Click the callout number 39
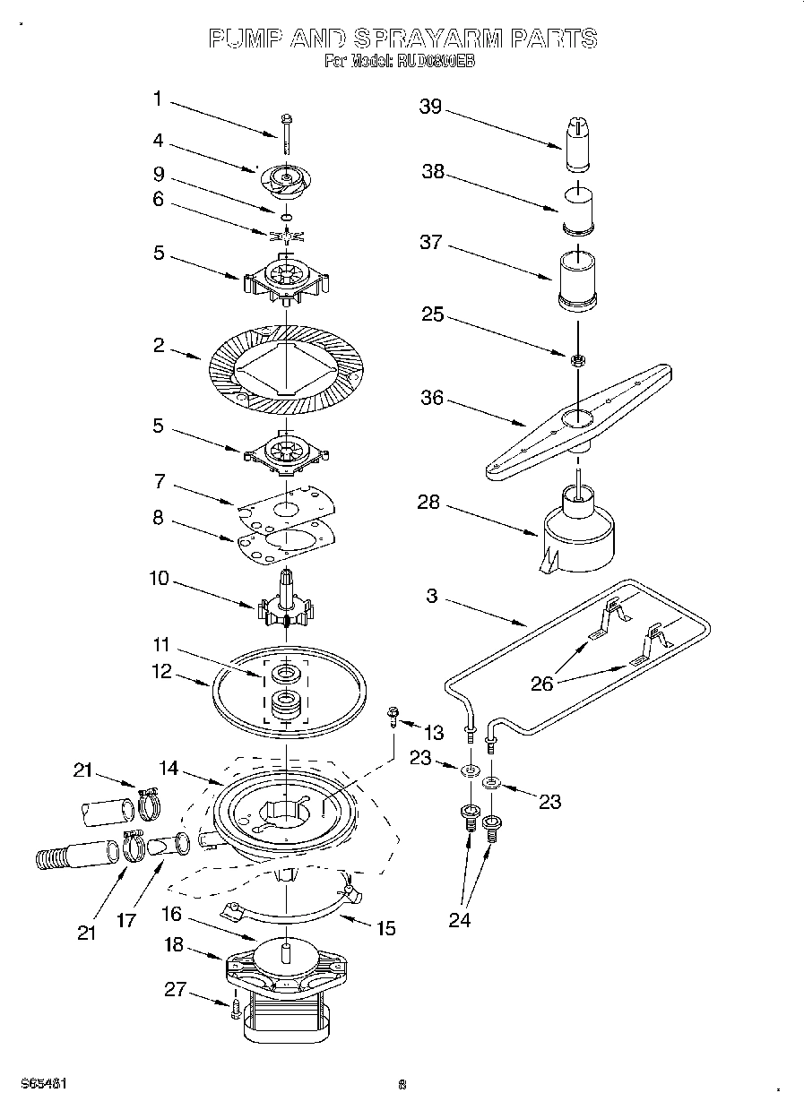click(431, 107)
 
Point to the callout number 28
click(428, 502)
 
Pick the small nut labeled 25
click(578, 360)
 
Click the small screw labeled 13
click(393, 715)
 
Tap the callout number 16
click(172, 914)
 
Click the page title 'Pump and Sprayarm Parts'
click(402, 39)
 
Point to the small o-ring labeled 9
click(285, 217)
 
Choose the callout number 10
click(159, 579)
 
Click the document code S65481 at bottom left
click(44, 1083)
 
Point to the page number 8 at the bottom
click(402, 1085)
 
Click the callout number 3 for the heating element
click(432, 596)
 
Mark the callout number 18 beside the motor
click(173, 945)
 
